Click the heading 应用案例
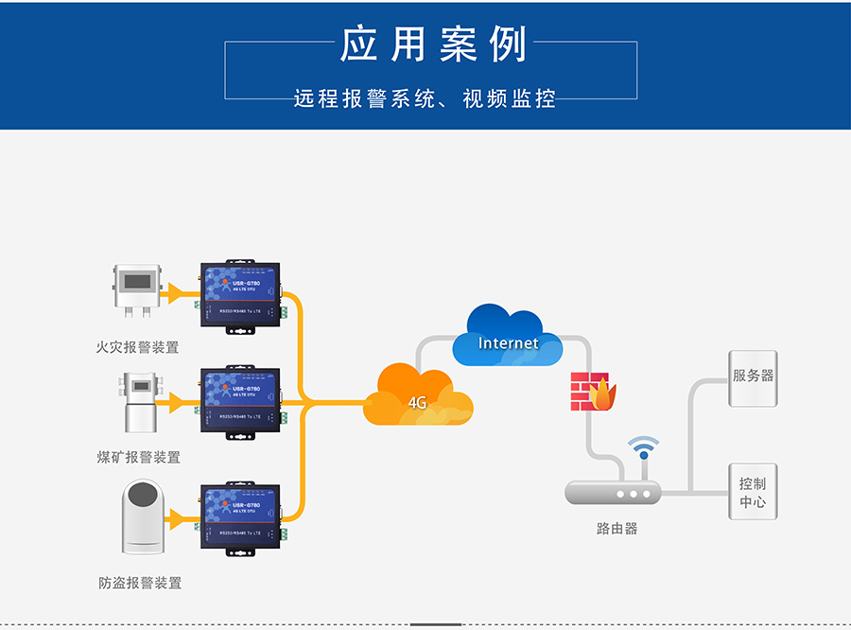pyautogui.click(x=433, y=44)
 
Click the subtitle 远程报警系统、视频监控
pyautogui.click(x=424, y=98)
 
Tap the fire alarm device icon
pyautogui.click(x=139, y=289)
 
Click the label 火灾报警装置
pyautogui.click(x=138, y=347)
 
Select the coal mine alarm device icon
pyautogui.click(x=139, y=400)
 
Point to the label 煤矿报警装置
pyautogui.click(x=139, y=457)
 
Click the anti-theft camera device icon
pyautogui.click(x=141, y=517)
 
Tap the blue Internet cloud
pyautogui.click(x=508, y=338)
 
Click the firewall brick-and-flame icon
pyautogui.click(x=593, y=392)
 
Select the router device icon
pyautogui.click(x=612, y=492)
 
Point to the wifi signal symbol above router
pyautogui.click(x=644, y=447)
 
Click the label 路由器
pyautogui.click(x=617, y=529)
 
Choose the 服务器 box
pyautogui.click(x=753, y=377)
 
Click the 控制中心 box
pyautogui.click(x=753, y=491)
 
